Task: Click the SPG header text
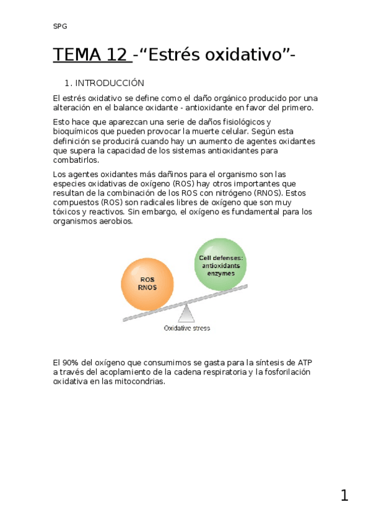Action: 60,27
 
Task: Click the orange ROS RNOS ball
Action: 147,283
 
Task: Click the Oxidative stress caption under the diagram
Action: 186,328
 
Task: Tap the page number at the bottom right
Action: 344,495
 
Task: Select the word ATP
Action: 305,362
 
